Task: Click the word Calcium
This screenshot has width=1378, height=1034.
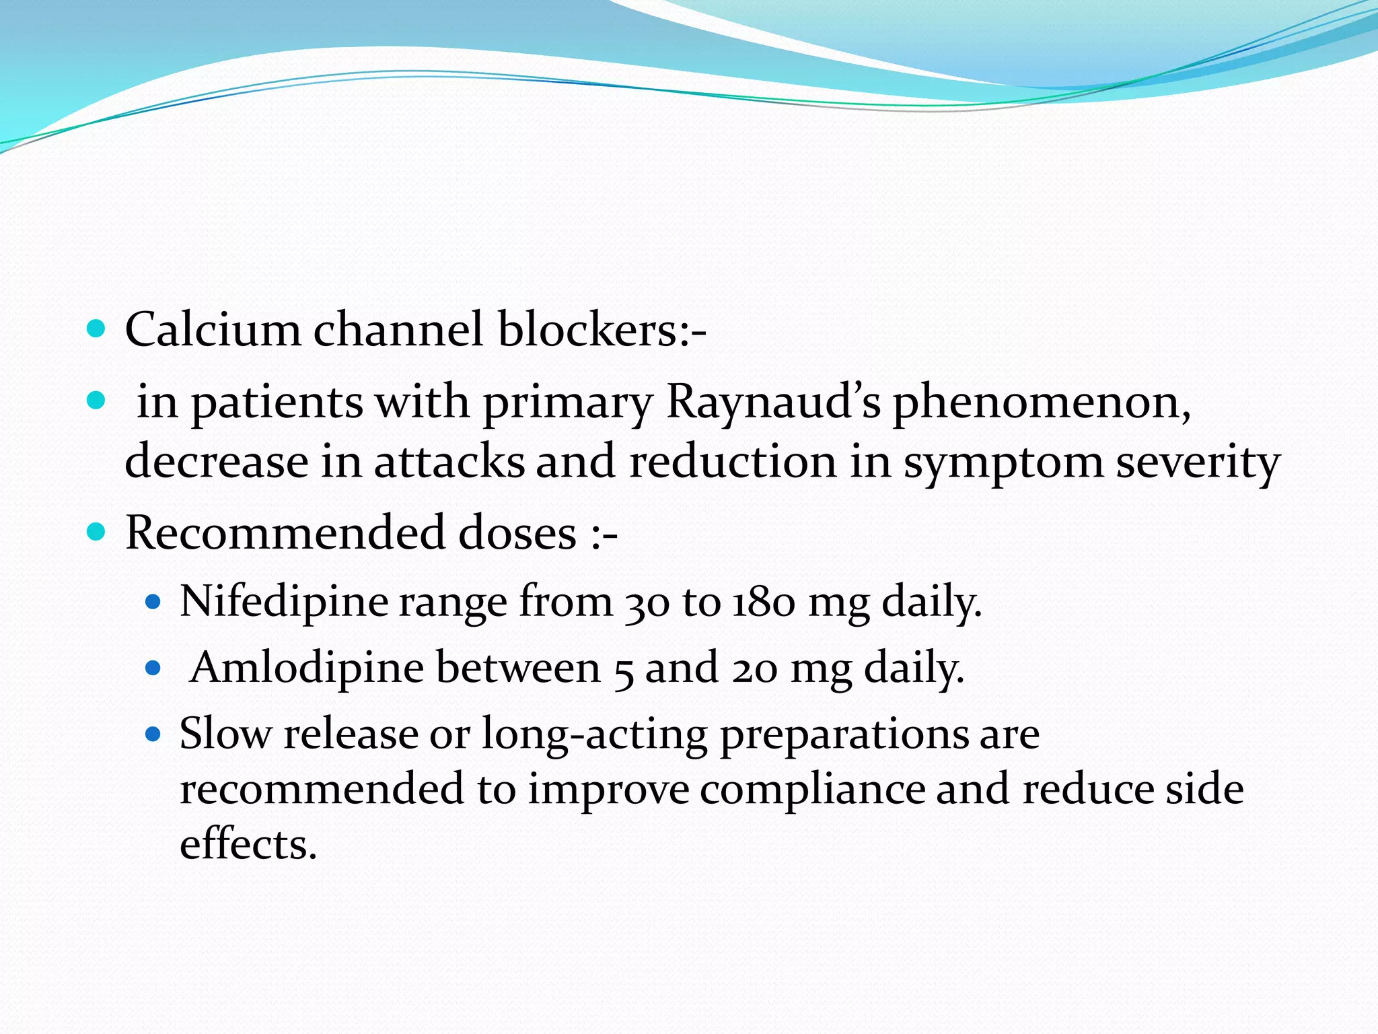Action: coord(213,330)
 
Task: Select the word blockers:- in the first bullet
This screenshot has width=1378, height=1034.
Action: coord(602,330)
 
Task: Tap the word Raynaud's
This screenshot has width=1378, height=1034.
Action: coord(773,402)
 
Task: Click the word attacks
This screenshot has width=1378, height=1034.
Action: coord(449,462)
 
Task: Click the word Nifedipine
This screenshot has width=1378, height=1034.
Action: coord(284,602)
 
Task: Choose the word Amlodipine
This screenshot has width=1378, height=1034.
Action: coord(307,668)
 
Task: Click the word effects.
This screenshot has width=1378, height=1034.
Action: coord(248,844)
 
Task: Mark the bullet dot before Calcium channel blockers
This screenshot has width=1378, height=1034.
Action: coord(97,329)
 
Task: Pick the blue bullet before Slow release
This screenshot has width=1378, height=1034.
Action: coord(154,733)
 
